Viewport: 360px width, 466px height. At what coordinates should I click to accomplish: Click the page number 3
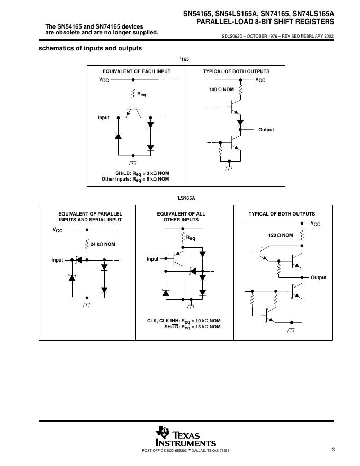click(x=333, y=450)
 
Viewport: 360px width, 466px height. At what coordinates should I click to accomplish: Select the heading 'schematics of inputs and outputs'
click(x=91, y=48)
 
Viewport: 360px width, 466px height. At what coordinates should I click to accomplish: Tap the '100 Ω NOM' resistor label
click(x=221, y=89)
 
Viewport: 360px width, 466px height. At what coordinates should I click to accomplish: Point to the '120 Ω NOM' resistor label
click(x=281, y=234)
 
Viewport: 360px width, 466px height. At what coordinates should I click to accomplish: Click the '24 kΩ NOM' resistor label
click(x=103, y=244)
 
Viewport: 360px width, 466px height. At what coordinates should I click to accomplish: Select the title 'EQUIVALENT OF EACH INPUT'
click(x=137, y=71)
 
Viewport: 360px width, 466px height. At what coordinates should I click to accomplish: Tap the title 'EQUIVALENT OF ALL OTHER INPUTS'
click(x=182, y=217)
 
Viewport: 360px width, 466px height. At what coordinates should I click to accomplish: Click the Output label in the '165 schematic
click(x=266, y=130)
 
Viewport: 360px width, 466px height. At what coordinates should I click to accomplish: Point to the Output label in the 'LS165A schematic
click(x=319, y=277)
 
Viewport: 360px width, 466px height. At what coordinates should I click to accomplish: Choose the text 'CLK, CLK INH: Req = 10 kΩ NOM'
click(x=184, y=321)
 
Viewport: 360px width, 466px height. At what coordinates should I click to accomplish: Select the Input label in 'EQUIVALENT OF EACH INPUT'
click(x=103, y=118)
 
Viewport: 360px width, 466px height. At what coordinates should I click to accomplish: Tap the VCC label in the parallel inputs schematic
click(x=58, y=230)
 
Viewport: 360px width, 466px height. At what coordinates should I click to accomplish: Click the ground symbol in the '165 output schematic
click(x=229, y=168)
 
